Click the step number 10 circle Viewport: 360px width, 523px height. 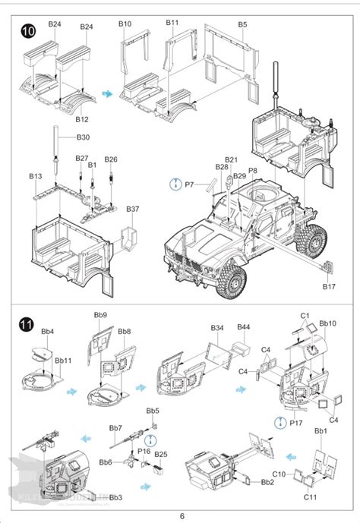click(x=28, y=31)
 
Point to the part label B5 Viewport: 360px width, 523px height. click(x=242, y=24)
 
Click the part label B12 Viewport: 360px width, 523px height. click(x=82, y=119)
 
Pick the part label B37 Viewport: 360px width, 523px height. click(x=133, y=209)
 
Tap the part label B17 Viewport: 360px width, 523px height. click(x=328, y=286)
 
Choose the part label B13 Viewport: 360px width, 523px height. click(x=36, y=176)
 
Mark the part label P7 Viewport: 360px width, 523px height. click(x=190, y=184)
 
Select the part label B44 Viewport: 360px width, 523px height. click(x=243, y=327)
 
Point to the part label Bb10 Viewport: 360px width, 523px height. click(x=328, y=323)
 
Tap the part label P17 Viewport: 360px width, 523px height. click(x=295, y=422)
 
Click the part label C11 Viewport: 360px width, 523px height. click(x=309, y=496)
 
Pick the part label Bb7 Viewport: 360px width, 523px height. click(x=116, y=428)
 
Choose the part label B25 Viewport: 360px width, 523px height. click(x=160, y=454)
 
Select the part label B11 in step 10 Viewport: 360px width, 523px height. click(x=172, y=24)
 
